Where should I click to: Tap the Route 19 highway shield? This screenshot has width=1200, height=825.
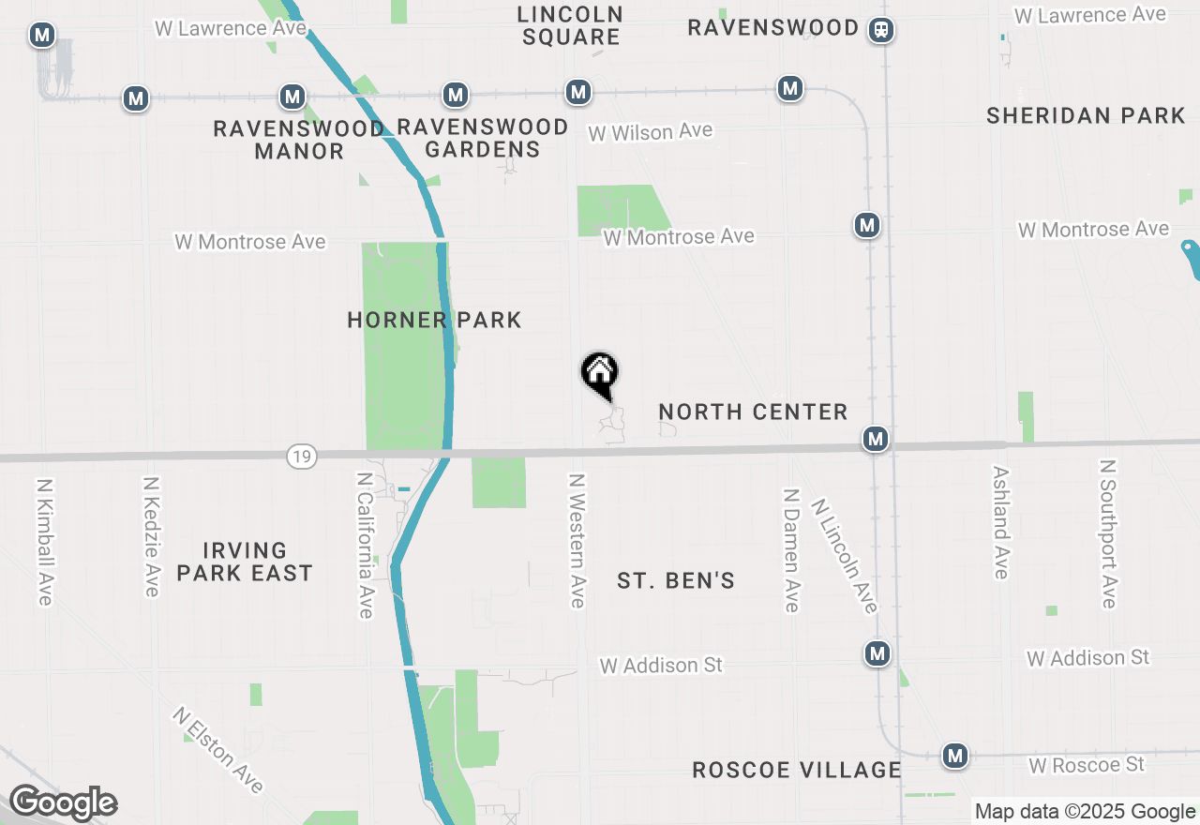[x=302, y=457]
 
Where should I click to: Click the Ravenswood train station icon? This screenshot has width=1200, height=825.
[x=881, y=30]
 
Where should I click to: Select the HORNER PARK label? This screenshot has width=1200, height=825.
[x=434, y=320]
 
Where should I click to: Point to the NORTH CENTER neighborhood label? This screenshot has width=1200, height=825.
[x=753, y=412]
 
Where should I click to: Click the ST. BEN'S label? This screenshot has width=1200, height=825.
[x=676, y=581]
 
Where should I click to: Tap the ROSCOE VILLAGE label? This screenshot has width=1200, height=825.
[x=796, y=770]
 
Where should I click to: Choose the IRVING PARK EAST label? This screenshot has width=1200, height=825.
[x=245, y=561]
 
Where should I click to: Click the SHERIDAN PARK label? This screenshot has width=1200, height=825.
[x=1086, y=115]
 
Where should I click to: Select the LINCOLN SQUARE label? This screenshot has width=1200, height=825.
[x=571, y=25]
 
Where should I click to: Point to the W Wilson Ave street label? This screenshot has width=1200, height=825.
[x=651, y=132]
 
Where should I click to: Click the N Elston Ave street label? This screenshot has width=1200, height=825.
[x=217, y=750]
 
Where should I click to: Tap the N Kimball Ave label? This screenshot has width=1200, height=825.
[x=44, y=542]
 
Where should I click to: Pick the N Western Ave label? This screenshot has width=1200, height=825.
[x=577, y=540]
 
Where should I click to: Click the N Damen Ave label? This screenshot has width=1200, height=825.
[x=791, y=550]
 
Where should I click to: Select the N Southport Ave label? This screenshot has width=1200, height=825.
[x=1109, y=533]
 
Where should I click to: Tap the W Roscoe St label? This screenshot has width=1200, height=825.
[x=1087, y=765]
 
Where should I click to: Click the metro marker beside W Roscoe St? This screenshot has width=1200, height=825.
[x=955, y=755]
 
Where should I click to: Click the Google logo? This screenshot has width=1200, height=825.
[x=63, y=803]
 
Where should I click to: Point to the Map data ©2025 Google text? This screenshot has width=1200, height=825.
[x=1085, y=812]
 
